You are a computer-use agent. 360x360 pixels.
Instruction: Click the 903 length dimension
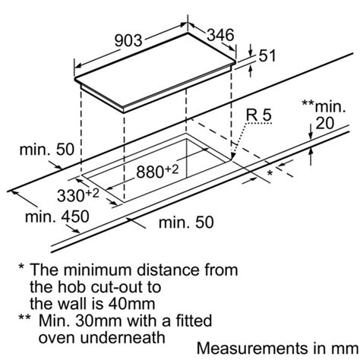click(128, 40)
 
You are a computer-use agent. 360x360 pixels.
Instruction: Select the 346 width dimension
click(220, 35)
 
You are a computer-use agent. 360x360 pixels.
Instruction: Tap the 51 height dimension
click(267, 55)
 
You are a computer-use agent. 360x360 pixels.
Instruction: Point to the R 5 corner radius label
click(259, 115)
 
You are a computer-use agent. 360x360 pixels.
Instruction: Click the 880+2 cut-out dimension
click(157, 171)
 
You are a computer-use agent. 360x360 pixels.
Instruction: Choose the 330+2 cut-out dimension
click(78, 195)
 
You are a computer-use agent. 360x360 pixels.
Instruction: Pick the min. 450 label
click(57, 216)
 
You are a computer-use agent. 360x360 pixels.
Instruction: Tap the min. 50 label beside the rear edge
click(47, 150)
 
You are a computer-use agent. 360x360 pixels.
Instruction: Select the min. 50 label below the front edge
click(186, 223)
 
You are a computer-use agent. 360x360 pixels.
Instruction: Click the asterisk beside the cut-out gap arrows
click(270, 173)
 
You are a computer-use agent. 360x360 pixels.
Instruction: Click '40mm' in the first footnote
click(131, 304)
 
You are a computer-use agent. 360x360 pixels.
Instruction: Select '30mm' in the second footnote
click(99, 321)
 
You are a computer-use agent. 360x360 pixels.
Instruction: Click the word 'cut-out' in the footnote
click(115, 287)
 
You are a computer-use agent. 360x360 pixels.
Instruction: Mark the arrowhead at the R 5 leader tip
click(233, 157)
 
